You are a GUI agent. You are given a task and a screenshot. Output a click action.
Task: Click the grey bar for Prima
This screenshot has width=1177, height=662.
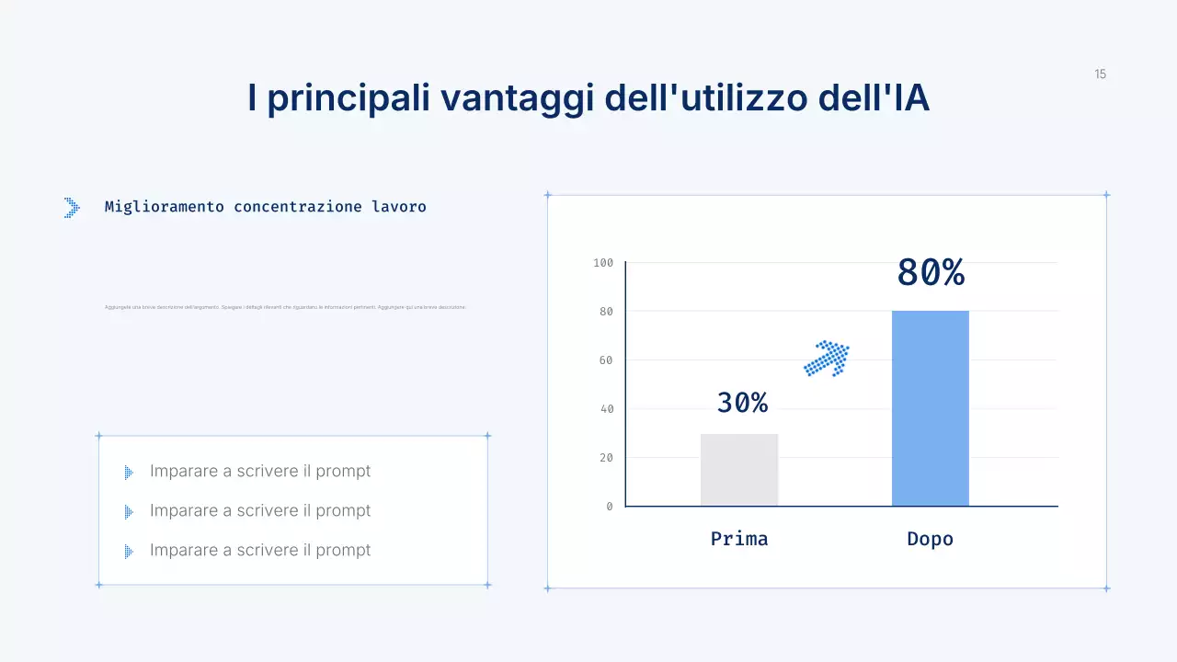[x=739, y=470]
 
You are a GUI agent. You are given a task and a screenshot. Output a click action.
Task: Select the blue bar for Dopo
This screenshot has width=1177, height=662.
[x=931, y=408]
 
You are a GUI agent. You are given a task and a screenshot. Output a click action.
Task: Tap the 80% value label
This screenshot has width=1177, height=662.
[x=931, y=273]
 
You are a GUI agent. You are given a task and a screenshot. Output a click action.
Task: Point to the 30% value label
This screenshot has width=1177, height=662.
[x=742, y=403]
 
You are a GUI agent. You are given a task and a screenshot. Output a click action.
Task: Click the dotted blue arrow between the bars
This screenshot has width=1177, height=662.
[x=827, y=358]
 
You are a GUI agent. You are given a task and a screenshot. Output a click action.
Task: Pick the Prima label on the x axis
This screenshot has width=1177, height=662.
[x=739, y=539]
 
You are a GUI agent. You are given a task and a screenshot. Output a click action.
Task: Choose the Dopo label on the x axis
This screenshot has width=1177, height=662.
[x=931, y=539]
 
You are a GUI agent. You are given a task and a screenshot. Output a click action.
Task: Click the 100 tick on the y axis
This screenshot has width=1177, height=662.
[x=603, y=263]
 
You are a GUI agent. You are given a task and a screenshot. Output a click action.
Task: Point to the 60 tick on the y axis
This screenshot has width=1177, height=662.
[x=606, y=360]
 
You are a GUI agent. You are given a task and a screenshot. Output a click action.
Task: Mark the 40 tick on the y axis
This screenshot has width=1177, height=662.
[x=606, y=409]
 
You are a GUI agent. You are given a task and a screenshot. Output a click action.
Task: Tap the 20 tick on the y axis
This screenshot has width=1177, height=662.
[x=606, y=458]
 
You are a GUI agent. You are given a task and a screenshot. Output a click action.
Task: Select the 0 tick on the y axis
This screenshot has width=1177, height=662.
[x=610, y=507]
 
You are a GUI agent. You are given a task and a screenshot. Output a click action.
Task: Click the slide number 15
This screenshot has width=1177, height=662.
[x=1101, y=74]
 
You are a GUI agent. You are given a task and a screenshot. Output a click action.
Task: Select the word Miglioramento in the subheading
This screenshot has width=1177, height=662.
[x=165, y=207]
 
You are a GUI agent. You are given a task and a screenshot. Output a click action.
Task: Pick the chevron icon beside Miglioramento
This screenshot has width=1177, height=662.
[x=72, y=208]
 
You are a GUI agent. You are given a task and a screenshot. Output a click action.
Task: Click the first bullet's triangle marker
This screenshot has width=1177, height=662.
[x=129, y=473]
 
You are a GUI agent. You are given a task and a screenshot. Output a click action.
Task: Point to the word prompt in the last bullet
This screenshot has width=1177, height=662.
[x=343, y=550]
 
